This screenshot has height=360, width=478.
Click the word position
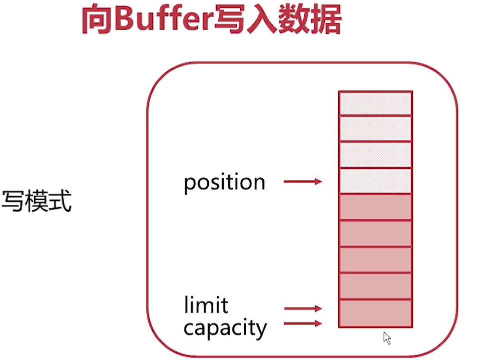tap(224, 183)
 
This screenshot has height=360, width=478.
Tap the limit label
tap(206, 305)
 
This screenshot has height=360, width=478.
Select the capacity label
tap(225, 329)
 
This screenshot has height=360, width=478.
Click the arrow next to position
tap(303, 182)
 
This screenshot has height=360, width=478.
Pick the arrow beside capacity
tap(303, 324)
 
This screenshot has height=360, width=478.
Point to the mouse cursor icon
tap(387, 338)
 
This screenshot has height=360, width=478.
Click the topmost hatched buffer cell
tap(375, 103)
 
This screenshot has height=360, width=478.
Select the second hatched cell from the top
tap(375, 129)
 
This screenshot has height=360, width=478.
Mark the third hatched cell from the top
tap(375, 155)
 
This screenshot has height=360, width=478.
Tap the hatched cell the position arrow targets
tap(375, 181)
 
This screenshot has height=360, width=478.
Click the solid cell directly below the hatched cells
tap(375, 207)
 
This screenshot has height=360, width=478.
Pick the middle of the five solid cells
tap(375, 260)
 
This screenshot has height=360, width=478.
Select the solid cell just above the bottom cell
tap(375, 286)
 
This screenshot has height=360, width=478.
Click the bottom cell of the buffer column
tap(375, 313)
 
